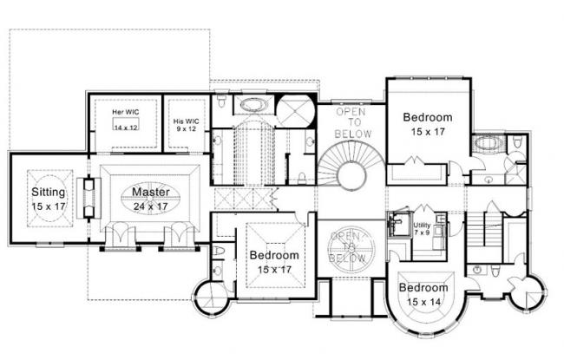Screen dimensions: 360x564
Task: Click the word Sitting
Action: (x=47, y=191)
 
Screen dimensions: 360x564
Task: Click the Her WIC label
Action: (x=127, y=112)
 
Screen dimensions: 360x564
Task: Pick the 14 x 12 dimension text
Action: (x=127, y=128)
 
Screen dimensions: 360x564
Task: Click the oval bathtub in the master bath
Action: (x=254, y=106)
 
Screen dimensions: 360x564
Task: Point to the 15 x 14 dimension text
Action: (x=423, y=301)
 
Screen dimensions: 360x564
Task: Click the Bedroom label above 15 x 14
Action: (x=423, y=288)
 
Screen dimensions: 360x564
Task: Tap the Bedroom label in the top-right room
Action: (x=427, y=117)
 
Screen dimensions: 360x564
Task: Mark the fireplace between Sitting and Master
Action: (x=88, y=199)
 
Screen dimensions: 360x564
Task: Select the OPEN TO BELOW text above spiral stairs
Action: (x=353, y=123)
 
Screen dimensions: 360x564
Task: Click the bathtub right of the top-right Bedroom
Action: (x=483, y=143)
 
